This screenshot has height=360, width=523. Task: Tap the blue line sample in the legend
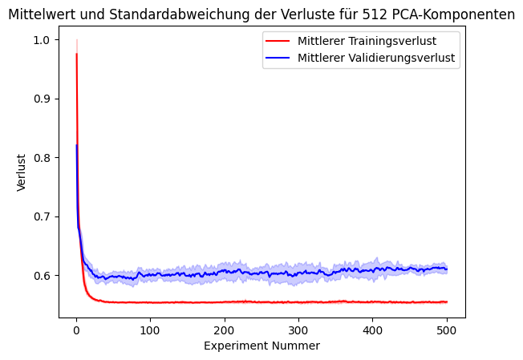(278, 58)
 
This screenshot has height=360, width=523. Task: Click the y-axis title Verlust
(22, 172)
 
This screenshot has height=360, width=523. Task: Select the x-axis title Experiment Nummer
(261, 346)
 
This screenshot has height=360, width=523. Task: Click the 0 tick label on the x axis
(76, 330)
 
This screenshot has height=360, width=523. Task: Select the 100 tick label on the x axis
(150, 330)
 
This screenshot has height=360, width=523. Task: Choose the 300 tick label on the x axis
(298, 330)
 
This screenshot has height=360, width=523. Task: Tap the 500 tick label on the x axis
(447, 330)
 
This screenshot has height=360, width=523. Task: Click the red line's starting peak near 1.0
(76, 54)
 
